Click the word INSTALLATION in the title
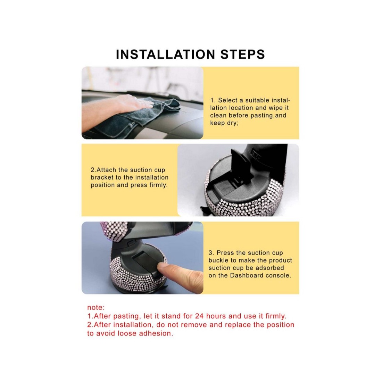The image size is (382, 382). [x=166, y=54]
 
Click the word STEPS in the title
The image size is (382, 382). [x=243, y=54]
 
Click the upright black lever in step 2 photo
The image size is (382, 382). [x=240, y=166]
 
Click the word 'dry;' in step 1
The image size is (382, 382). [x=232, y=123]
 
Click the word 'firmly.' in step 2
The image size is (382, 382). [x=158, y=185]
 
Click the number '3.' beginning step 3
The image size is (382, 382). [x=211, y=253]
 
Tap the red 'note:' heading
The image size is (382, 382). [x=96, y=307]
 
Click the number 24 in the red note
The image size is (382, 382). [x=199, y=316]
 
